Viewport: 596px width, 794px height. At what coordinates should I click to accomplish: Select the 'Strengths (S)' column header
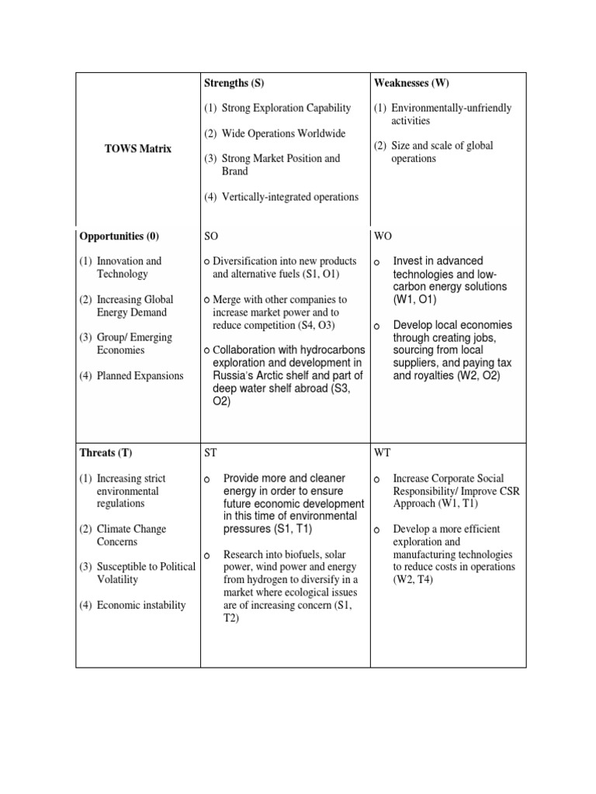(234, 83)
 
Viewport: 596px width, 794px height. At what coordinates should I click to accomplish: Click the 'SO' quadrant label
(211, 236)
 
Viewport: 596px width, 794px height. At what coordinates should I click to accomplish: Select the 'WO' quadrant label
(383, 236)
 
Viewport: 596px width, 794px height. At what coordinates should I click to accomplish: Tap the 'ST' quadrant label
(210, 453)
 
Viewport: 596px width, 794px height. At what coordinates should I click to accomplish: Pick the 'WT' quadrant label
(383, 453)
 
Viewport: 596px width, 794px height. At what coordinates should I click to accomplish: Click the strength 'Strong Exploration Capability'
(286, 109)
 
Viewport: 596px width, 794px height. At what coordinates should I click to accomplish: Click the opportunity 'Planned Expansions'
(140, 376)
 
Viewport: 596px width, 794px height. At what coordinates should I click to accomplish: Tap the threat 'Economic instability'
(141, 605)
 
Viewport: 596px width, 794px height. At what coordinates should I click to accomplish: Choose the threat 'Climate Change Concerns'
(131, 535)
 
